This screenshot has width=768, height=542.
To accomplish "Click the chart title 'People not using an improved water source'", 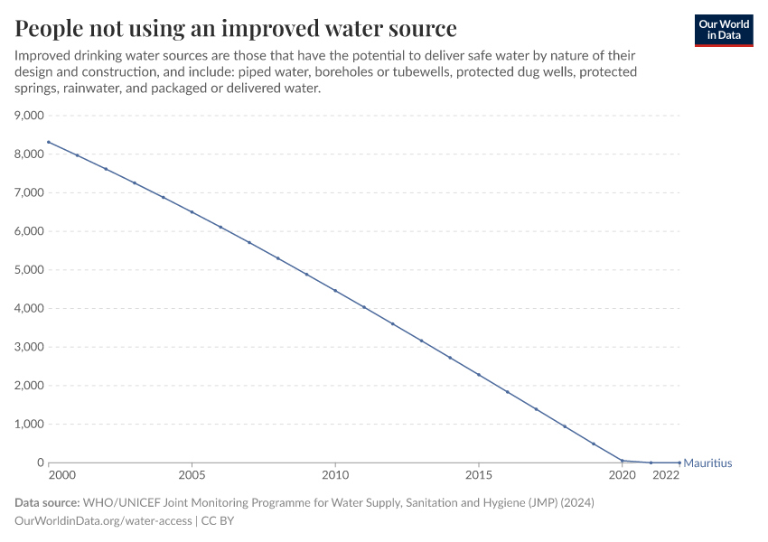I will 235,28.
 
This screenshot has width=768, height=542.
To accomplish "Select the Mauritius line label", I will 707,463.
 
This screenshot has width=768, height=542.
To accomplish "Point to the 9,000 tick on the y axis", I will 29,116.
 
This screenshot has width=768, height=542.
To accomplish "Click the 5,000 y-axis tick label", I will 29,270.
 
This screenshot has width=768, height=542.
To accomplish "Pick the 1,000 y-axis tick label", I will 29,425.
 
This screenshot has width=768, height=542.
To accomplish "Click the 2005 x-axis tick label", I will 192,475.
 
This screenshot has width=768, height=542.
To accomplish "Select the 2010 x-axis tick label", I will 335,475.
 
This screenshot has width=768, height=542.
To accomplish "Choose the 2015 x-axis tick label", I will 479,475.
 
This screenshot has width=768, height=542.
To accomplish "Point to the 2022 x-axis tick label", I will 666,475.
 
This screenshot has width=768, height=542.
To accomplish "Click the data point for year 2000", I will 49,142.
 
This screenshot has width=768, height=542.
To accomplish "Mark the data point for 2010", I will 335,291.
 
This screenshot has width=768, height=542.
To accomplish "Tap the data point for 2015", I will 479,375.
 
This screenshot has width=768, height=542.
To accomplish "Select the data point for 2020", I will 622,461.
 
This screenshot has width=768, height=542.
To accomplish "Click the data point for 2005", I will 192,212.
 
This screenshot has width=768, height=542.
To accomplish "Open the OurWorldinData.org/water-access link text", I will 103,520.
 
